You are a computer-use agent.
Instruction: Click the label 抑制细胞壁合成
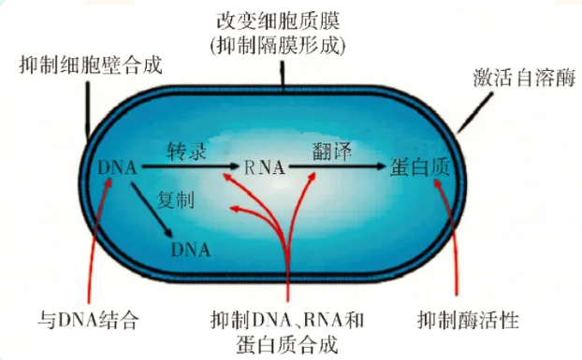pos(91,65)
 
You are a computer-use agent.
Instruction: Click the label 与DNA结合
pos(93,321)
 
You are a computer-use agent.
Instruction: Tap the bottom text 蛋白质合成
pos(286,344)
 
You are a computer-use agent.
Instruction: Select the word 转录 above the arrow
pos(183,151)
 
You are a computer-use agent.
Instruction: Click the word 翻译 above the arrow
pos(329,150)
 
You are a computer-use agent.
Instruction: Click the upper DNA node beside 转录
pos(117,168)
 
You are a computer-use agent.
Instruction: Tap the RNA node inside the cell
pos(265,168)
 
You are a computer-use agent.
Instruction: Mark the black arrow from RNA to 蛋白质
pos(337,168)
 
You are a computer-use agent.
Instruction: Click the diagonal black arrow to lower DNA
pos(155,213)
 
